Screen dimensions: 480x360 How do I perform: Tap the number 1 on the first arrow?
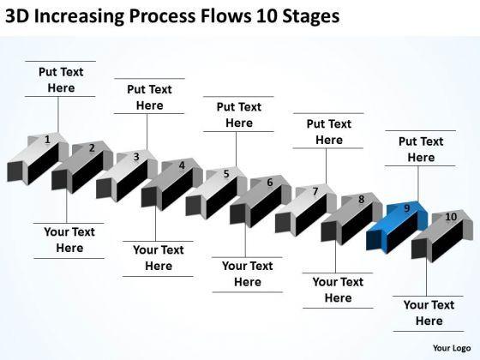[x=47, y=140]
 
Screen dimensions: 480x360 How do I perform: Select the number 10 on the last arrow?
[x=451, y=217]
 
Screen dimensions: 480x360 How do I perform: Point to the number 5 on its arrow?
[x=226, y=174]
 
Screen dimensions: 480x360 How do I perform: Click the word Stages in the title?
[x=310, y=16]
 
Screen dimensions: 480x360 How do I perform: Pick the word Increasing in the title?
[x=79, y=16]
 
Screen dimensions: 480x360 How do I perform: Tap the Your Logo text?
[x=452, y=348]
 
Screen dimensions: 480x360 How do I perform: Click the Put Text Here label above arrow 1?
[x=61, y=80]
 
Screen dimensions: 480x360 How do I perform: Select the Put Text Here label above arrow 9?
[x=421, y=149]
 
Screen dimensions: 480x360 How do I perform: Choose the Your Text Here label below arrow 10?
[x=429, y=313]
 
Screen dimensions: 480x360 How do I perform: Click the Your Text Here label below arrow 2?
[x=69, y=240]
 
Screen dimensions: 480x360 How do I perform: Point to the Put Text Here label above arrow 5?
[x=239, y=115]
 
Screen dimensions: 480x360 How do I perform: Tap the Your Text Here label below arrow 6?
[x=248, y=273]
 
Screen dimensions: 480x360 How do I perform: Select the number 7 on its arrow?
[x=315, y=191]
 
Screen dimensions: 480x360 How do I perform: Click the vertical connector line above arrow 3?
[x=147, y=132]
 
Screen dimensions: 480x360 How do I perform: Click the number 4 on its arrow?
[x=182, y=165]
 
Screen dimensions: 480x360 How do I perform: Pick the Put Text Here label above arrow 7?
[x=329, y=132]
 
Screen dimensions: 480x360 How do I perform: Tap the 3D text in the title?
[x=17, y=16]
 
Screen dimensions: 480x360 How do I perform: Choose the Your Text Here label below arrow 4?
[x=159, y=258]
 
